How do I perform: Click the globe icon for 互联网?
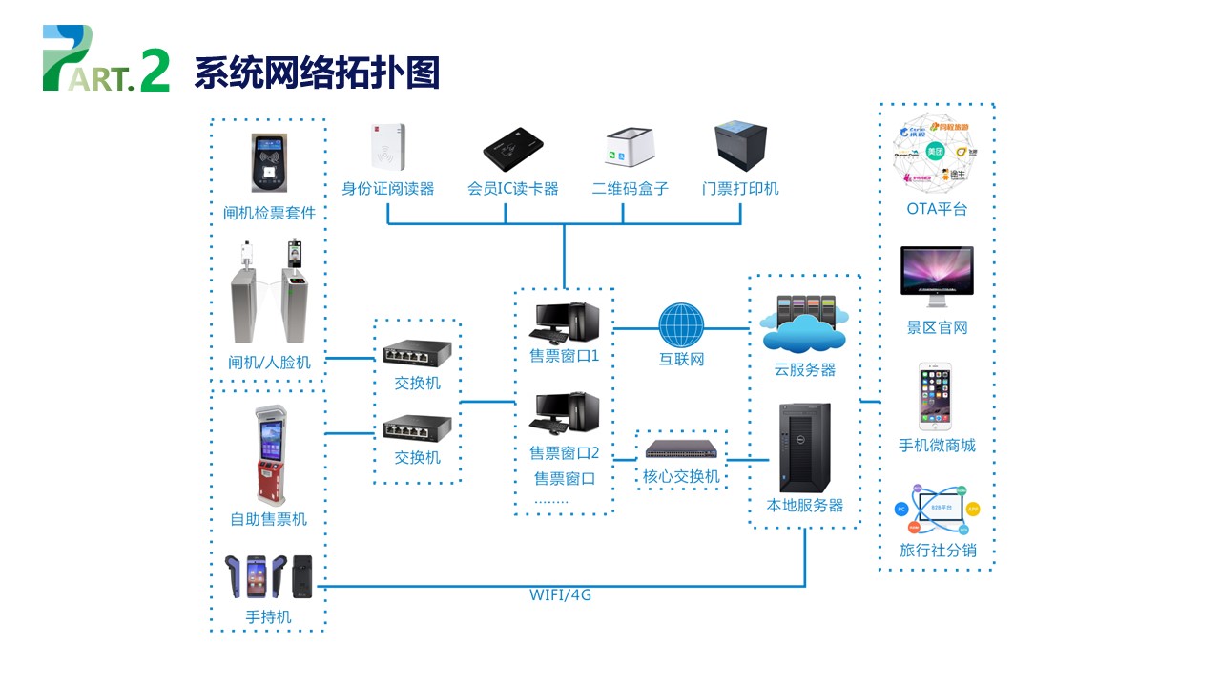point(681,326)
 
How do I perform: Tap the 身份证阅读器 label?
point(388,189)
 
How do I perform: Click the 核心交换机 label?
point(681,476)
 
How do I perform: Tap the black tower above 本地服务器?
point(804,448)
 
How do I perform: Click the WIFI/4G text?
point(561,595)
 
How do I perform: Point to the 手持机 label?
point(268,617)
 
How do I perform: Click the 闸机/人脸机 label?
point(268,363)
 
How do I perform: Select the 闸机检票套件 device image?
point(269,163)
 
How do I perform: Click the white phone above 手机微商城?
point(937,395)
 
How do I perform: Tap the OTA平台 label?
point(937,209)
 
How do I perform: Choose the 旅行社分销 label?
point(937,551)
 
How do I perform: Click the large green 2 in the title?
point(155,72)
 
